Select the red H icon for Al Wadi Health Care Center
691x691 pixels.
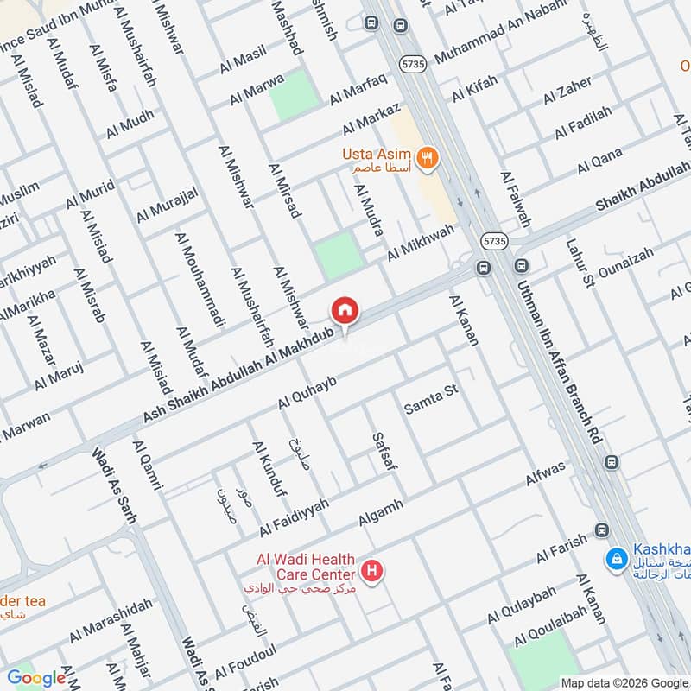[x=372, y=571]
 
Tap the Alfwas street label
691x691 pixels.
[x=546, y=473]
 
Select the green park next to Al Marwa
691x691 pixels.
[x=295, y=96]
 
